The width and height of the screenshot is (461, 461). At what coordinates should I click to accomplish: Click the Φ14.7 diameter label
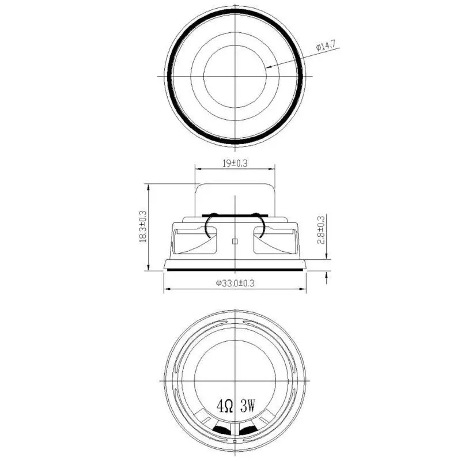(326, 46)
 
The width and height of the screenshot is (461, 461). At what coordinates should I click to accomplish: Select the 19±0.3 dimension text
(235, 163)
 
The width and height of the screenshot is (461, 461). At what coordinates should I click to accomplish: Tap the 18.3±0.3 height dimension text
(143, 226)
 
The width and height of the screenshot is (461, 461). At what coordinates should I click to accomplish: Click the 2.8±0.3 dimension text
(321, 230)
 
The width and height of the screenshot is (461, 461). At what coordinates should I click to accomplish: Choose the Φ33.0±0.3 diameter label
(235, 283)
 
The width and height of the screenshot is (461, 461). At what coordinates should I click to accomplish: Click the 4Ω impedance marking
(225, 406)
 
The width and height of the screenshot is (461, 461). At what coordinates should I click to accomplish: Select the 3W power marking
(247, 406)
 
